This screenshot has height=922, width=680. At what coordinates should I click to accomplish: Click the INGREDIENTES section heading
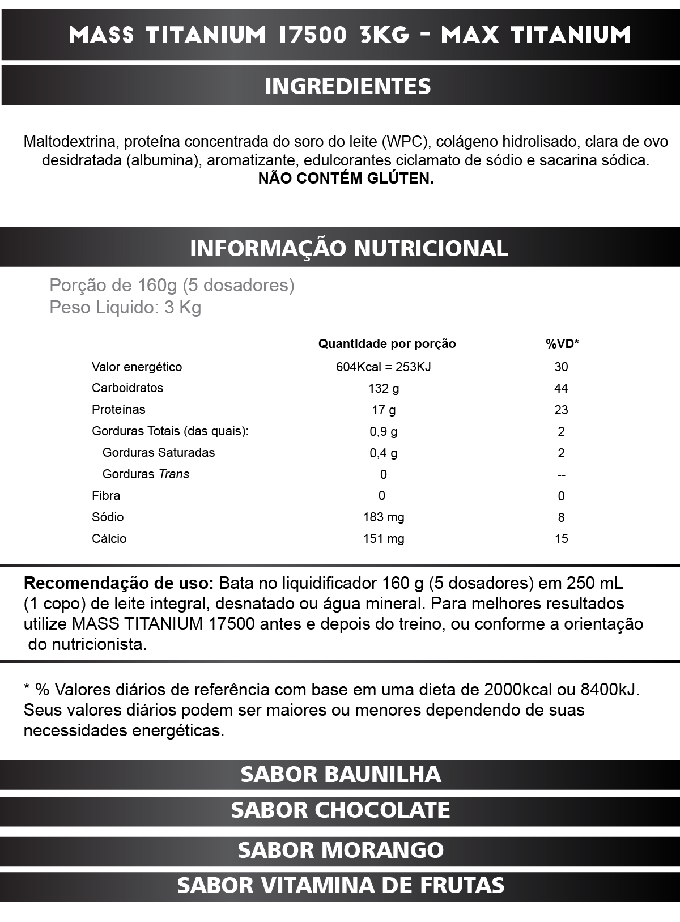tap(348, 86)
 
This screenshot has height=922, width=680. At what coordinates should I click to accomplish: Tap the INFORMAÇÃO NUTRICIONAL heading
tap(348, 248)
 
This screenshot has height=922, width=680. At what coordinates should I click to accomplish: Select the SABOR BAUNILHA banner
tap(341, 774)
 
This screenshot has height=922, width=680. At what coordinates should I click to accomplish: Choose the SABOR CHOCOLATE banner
tap(341, 810)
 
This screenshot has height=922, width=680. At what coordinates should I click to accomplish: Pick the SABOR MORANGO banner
tap(341, 850)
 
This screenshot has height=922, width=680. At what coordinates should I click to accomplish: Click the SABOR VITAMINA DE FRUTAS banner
tap(341, 885)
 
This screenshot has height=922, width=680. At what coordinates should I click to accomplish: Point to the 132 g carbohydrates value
tap(384, 388)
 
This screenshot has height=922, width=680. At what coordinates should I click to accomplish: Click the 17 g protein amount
tap(384, 410)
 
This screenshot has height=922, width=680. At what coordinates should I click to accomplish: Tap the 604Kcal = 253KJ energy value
tap(383, 367)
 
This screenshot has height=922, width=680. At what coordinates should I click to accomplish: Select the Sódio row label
tap(108, 517)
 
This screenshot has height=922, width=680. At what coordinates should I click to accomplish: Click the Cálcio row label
tap(109, 538)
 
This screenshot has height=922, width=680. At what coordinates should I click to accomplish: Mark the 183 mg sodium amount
tap(384, 517)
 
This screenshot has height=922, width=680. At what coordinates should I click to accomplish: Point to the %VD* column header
tap(562, 343)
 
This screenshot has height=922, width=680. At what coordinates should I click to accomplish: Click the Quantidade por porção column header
tap(387, 343)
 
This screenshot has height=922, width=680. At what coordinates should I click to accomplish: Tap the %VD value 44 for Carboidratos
tap(561, 388)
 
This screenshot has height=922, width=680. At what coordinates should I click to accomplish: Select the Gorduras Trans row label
tap(146, 474)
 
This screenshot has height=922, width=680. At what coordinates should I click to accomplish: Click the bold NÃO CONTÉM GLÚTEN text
tap(346, 179)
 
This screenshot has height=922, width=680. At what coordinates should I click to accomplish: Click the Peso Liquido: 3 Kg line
tap(125, 308)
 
